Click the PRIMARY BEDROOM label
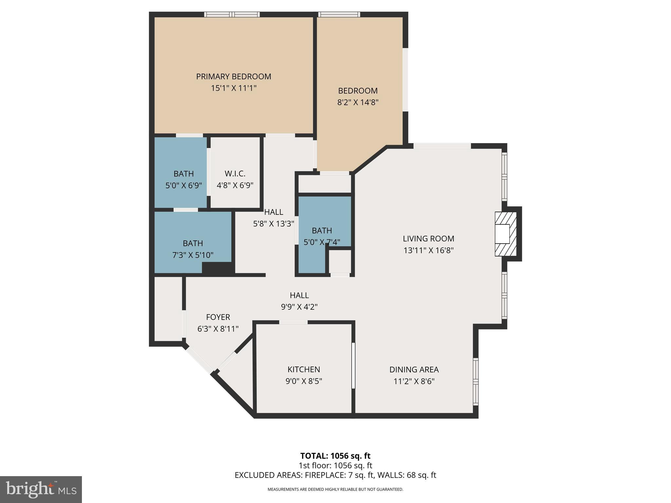(233, 76)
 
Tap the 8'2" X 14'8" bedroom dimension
(358, 102)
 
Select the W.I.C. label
(235, 174)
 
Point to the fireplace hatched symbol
(506, 234)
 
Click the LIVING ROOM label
(428, 238)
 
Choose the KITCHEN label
(303, 369)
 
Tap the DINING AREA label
(414, 369)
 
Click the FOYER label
(218, 317)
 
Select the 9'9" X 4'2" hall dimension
(299, 307)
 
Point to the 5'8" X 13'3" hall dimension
(274, 224)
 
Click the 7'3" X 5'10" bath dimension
(193, 255)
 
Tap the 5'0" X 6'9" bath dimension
(183, 185)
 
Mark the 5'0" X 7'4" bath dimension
(322, 242)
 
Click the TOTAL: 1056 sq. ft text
(335, 456)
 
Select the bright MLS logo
(41, 489)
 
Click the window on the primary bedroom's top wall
(232, 14)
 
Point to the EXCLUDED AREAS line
(335, 475)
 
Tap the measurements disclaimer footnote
(335, 489)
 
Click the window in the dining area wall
(475, 382)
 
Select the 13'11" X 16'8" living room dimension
(428, 250)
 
